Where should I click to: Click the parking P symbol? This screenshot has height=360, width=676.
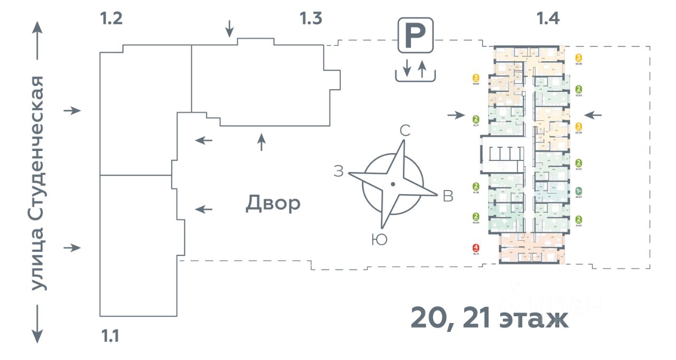click(x=416, y=35)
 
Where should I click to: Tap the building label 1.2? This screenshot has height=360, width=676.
click(x=111, y=19)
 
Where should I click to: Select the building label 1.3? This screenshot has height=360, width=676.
click(x=311, y=19)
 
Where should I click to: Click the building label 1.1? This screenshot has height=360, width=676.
click(x=110, y=336)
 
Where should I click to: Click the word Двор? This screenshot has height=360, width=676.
click(x=273, y=203)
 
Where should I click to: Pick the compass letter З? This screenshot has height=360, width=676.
click(x=339, y=171)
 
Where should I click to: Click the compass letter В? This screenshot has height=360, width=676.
click(x=448, y=196)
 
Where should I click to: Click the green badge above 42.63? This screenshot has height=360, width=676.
click(x=579, y=89)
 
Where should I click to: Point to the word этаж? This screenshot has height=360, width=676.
click(x=533, y=319)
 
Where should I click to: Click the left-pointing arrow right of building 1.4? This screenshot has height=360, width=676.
click(x=593, y=115)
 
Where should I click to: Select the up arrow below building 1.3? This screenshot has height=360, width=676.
click(x=261, y=142)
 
